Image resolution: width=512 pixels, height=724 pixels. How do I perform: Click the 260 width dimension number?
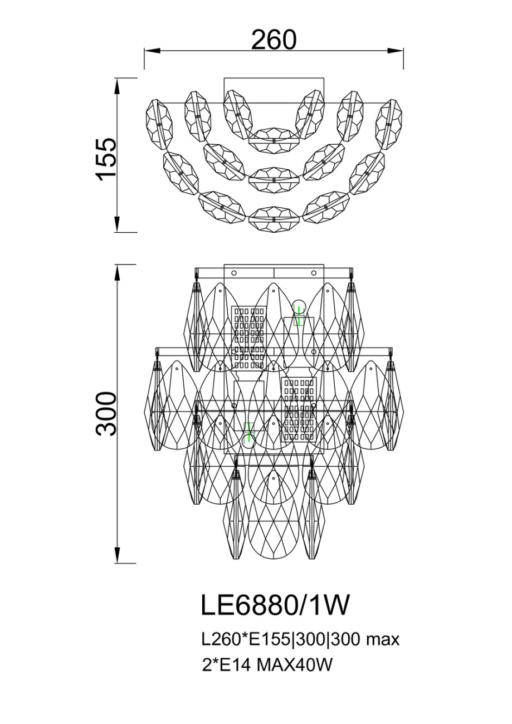[x=274, y=40]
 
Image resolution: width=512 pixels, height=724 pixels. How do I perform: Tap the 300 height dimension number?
[x=105, y=414]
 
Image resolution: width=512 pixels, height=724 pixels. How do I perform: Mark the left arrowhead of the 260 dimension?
[x=152, y=51]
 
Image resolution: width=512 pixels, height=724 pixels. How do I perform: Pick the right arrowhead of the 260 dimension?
[x=396, y=51]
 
